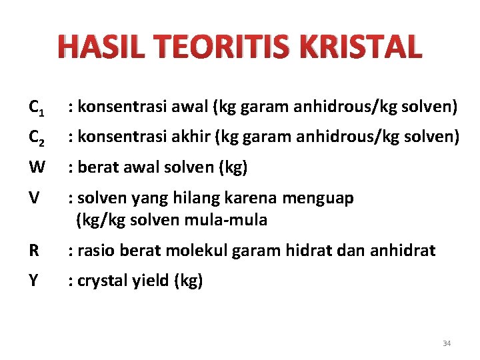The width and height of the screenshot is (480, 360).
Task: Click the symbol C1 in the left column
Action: point(37,107)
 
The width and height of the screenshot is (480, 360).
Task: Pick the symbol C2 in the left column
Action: point(37,138)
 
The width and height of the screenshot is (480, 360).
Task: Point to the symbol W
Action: point(37,168)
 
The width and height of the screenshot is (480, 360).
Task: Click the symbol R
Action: point(34,251)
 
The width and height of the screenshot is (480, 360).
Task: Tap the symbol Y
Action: point(34,281)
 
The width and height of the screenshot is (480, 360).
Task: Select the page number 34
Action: point(447,343)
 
